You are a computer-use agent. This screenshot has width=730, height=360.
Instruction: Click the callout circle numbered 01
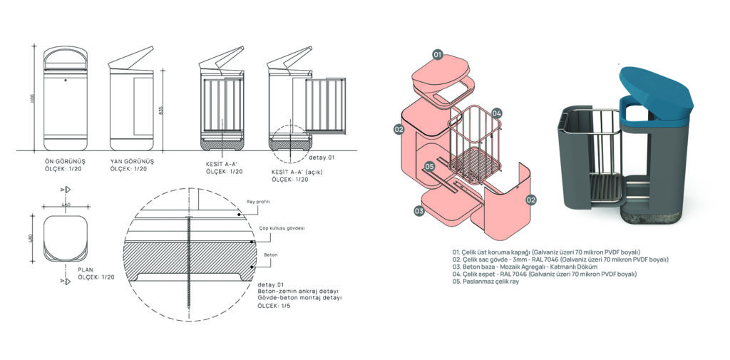point(438,54)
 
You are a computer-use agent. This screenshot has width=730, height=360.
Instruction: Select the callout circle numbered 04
point(497,113)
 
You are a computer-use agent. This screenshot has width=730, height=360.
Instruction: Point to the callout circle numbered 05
point(428,166)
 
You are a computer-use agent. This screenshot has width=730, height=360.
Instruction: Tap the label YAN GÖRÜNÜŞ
point(132,162)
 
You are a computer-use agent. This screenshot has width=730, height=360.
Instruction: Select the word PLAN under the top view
point(86,269)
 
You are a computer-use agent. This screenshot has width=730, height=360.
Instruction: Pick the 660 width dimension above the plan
point(67,205)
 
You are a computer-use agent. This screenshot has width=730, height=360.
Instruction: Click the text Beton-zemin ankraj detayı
point(292,292)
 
